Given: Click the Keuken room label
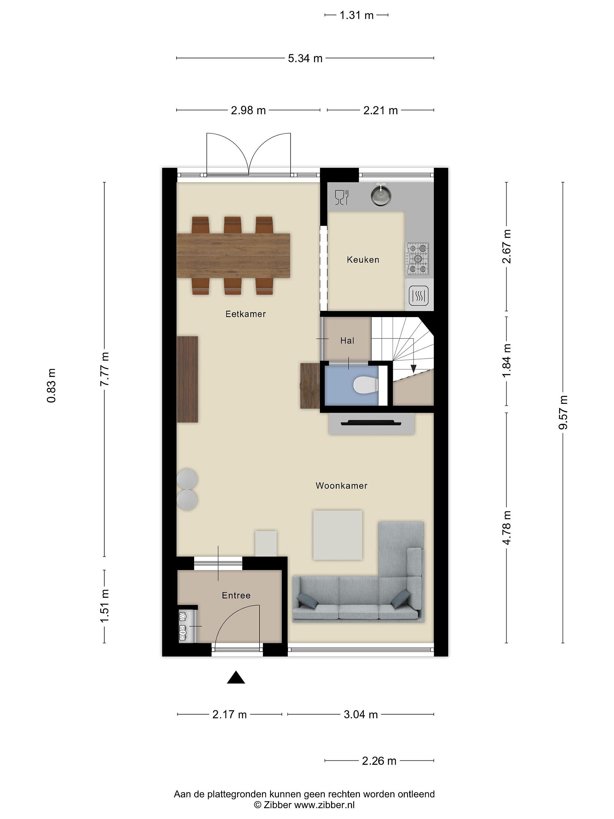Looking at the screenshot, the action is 363,260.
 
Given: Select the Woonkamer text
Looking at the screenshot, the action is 341,485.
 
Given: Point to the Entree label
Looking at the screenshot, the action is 236,595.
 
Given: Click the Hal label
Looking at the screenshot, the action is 347,341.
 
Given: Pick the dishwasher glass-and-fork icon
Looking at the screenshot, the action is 342,197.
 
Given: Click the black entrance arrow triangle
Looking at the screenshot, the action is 236,678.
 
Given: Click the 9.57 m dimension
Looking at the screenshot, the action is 563,412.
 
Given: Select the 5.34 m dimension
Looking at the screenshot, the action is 305,58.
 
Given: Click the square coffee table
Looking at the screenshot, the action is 337,535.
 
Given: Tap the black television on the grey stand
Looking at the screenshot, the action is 371,423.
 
